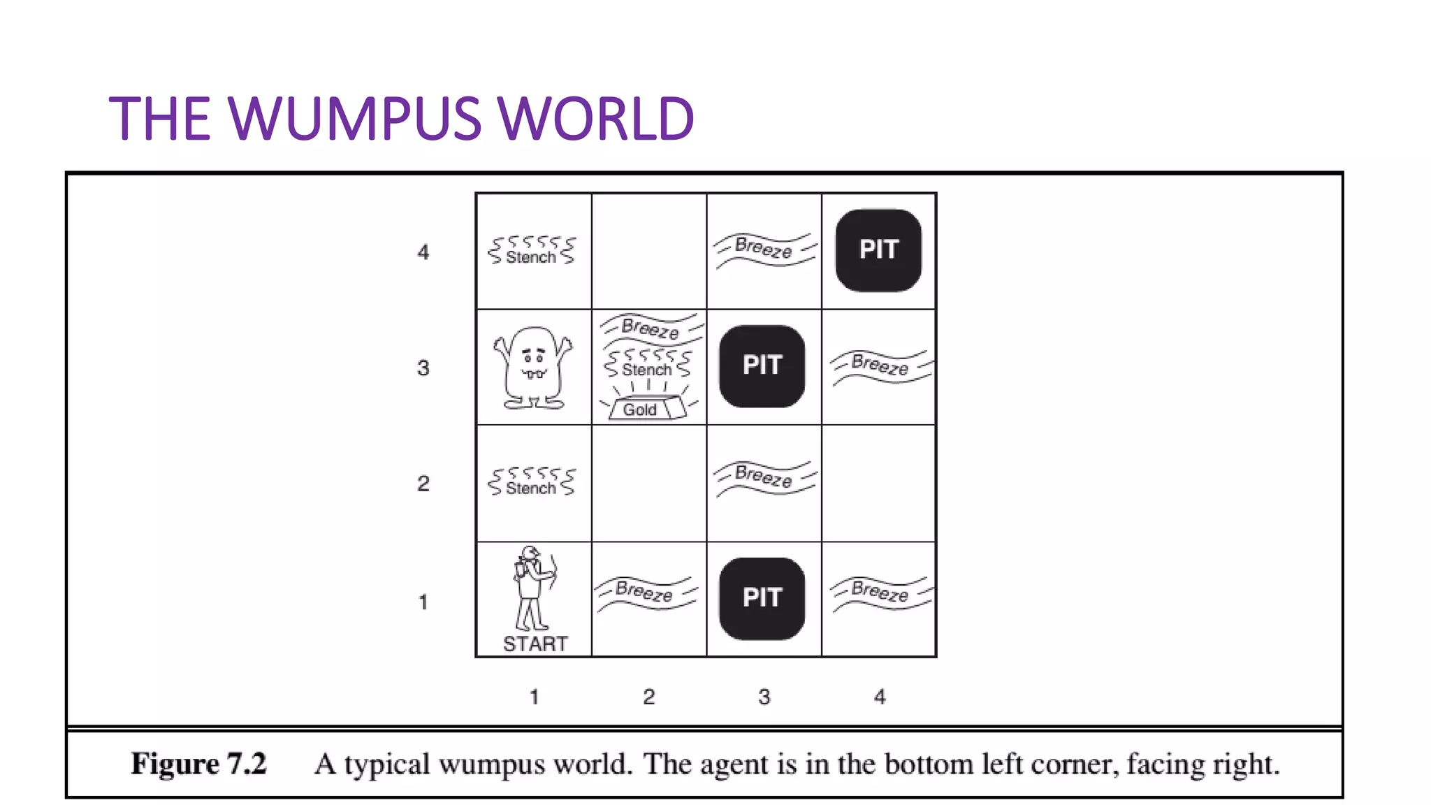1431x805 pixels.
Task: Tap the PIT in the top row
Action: tap(878, 249)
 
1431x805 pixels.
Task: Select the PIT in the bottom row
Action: tap(762, 598)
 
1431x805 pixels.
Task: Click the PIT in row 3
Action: tap(762, 365)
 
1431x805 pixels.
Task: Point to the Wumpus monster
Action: tap(533, 368)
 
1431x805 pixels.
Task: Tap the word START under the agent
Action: tap(535, 644)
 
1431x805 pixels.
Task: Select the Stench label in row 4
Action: tap(531, 256)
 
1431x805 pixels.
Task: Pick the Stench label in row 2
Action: tap(531, 487)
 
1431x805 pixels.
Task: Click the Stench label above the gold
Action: tap(647, 369)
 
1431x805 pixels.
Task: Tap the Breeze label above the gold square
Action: tap(650, 328)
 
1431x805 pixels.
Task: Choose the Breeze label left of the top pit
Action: tap(763, 248)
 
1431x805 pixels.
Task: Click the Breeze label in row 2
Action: tap(763, 476)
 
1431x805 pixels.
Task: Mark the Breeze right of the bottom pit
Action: tap(880, 592)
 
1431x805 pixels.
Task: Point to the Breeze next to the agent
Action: tap(644, 592)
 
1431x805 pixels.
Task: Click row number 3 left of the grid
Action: tap(423, 368)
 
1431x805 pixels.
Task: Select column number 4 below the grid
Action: tap(880, 697)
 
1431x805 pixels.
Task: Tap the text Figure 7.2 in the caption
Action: tap(199, 764)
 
